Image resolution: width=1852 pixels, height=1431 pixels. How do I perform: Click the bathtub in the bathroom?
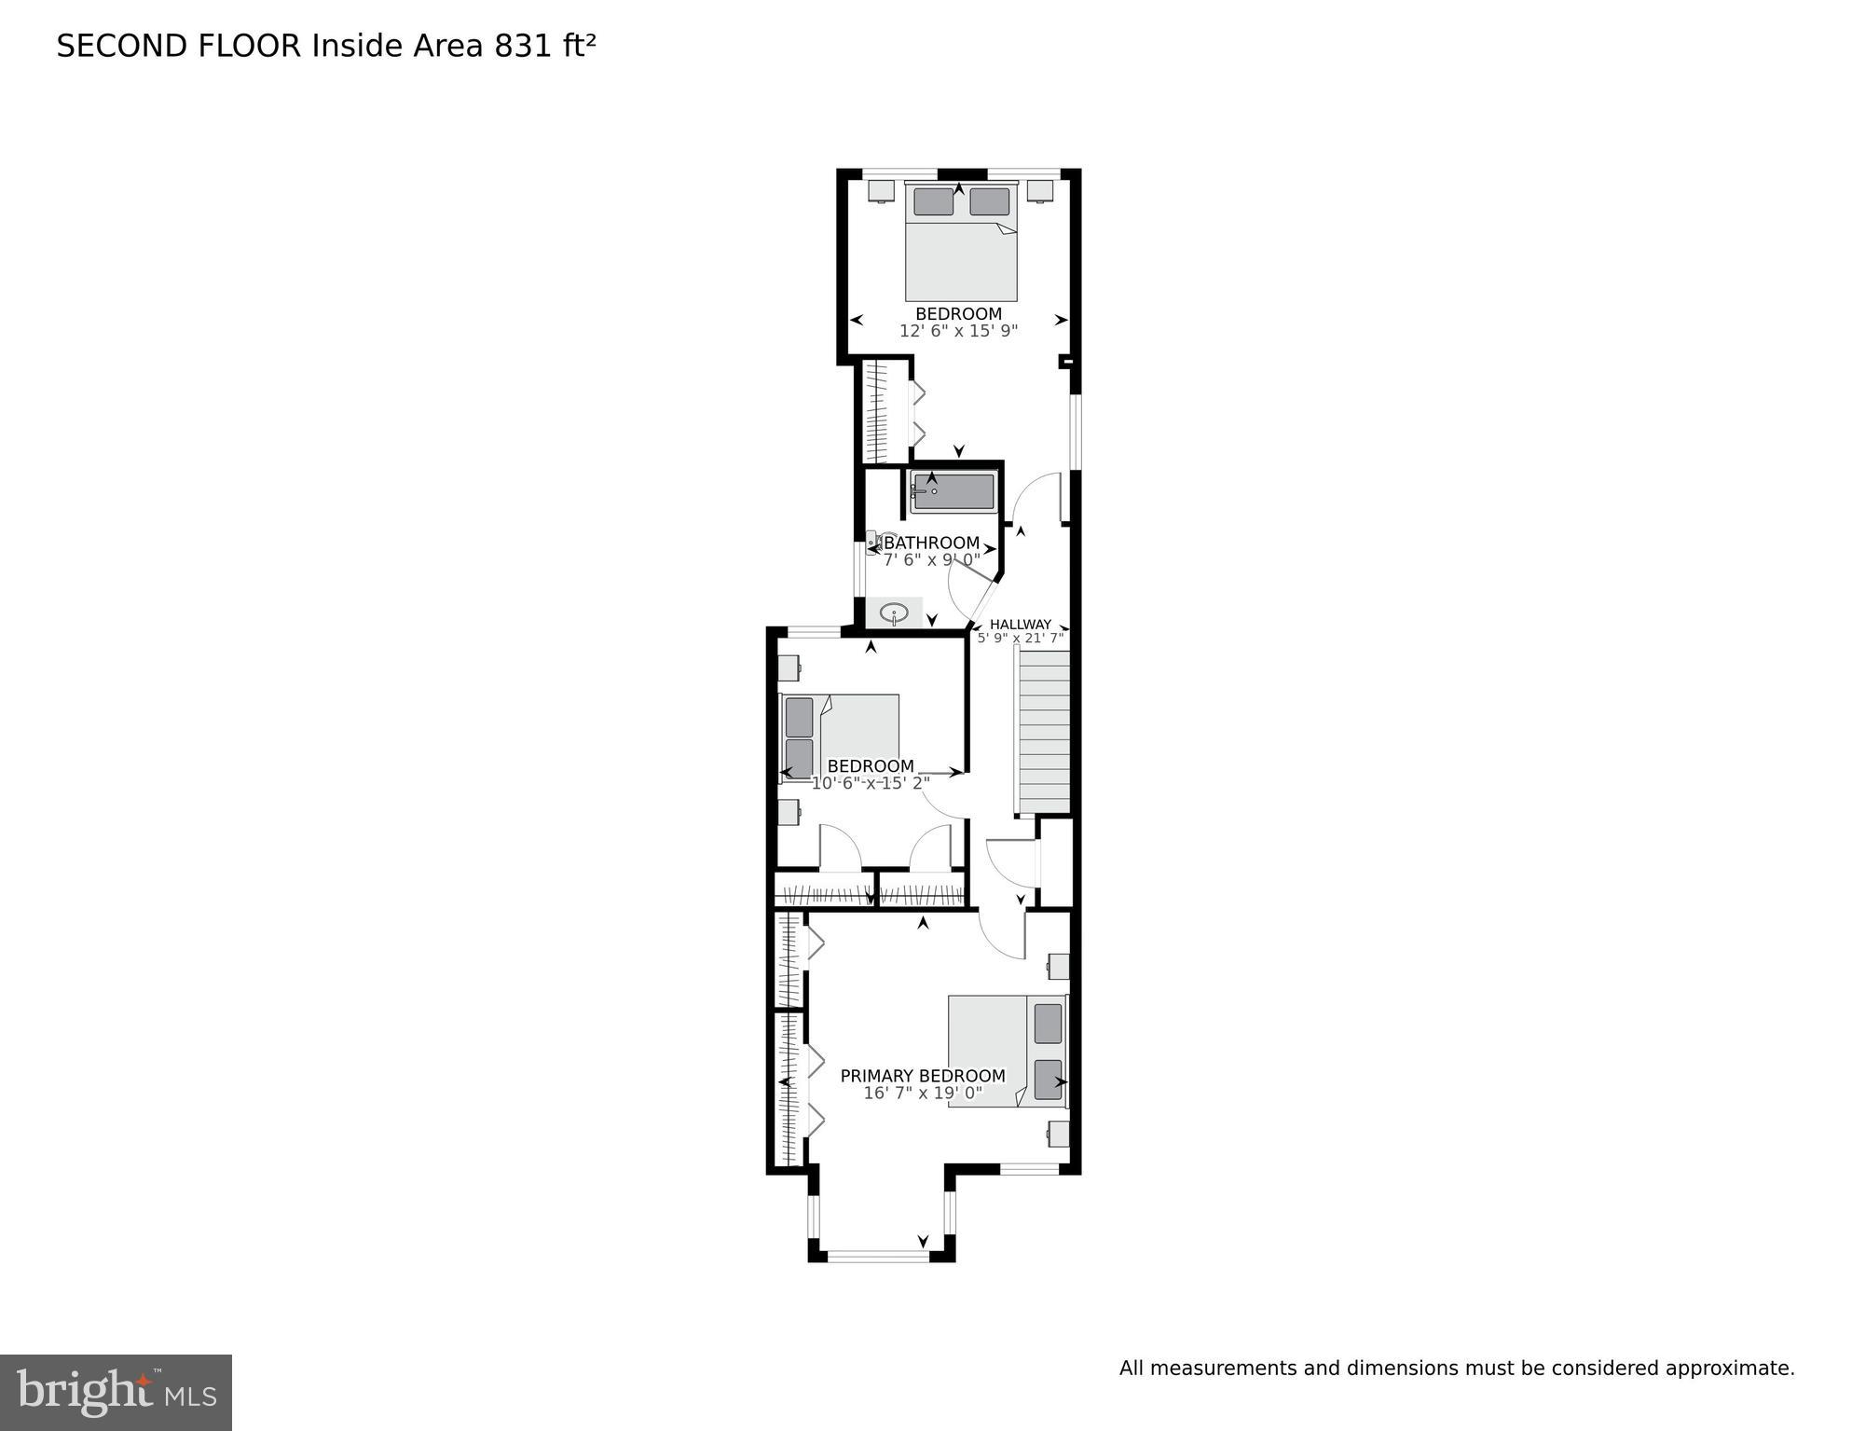(x=953, y=491)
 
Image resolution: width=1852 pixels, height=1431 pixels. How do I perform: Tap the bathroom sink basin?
(x=894, y=614)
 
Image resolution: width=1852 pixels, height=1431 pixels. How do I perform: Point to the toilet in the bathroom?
(x=875, y=542)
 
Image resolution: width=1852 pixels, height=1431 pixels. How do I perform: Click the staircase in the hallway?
(x=1043, y=732)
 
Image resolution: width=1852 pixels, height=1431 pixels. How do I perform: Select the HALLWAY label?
(x=1020, y=625)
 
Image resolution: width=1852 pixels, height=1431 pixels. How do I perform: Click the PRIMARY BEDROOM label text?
(x=923, y=1076)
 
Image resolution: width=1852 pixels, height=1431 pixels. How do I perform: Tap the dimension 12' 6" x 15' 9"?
(x=958, y=331)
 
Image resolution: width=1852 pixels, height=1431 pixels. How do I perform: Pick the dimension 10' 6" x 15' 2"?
(x=870, y=783)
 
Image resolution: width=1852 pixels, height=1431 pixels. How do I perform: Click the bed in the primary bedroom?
(x=1007, y=1051)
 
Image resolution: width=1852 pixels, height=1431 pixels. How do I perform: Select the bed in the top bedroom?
(x=961, y=242)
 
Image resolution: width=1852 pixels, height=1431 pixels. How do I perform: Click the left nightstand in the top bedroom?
(x=880, y=190)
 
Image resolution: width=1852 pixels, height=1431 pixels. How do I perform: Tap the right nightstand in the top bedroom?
(x=1040, y=190)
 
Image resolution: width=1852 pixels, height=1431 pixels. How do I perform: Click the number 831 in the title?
(x=524, y=47)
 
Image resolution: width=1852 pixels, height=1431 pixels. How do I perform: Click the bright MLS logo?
(x=116, y=1392)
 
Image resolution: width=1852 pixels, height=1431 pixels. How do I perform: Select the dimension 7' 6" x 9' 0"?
(x=931, y=559)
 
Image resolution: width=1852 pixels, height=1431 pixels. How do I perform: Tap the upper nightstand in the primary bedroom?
(x=1058, y=966)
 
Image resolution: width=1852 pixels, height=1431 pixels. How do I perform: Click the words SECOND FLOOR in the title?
(x=179, y=47)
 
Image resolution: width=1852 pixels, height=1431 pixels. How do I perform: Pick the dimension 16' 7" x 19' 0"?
(x=923, y=1093)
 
